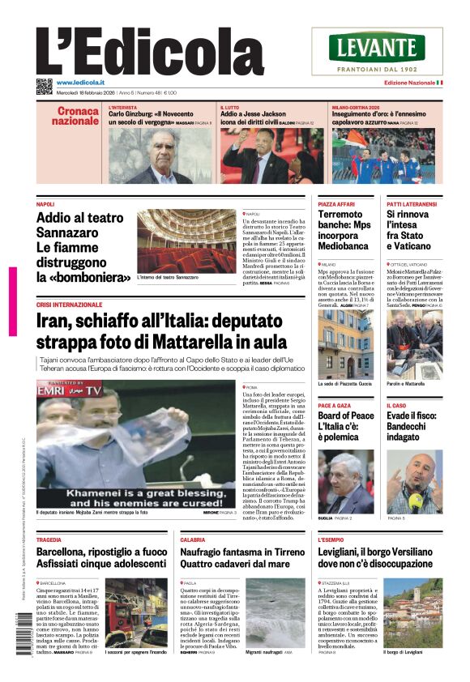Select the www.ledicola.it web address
click(79, 83)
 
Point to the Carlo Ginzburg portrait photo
click(161, 156)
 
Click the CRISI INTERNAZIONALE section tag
click(70, 305)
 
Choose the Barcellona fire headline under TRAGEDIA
click(102, 558)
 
